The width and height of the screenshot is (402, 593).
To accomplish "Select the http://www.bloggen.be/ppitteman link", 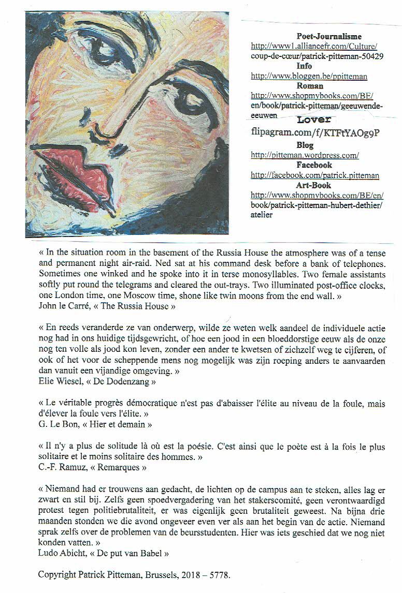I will coord(309,76).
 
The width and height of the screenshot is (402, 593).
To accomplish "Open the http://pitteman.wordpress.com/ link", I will coord(305,155).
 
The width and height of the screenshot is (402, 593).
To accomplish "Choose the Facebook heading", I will coord(314,165).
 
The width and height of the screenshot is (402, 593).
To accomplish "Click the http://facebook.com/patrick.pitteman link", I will coord(314,175).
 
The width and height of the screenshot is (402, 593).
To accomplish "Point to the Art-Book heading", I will coord(313,185).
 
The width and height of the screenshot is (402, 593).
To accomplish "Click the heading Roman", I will coord(310,86).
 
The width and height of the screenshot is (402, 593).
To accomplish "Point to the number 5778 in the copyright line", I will coord(220,574).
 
